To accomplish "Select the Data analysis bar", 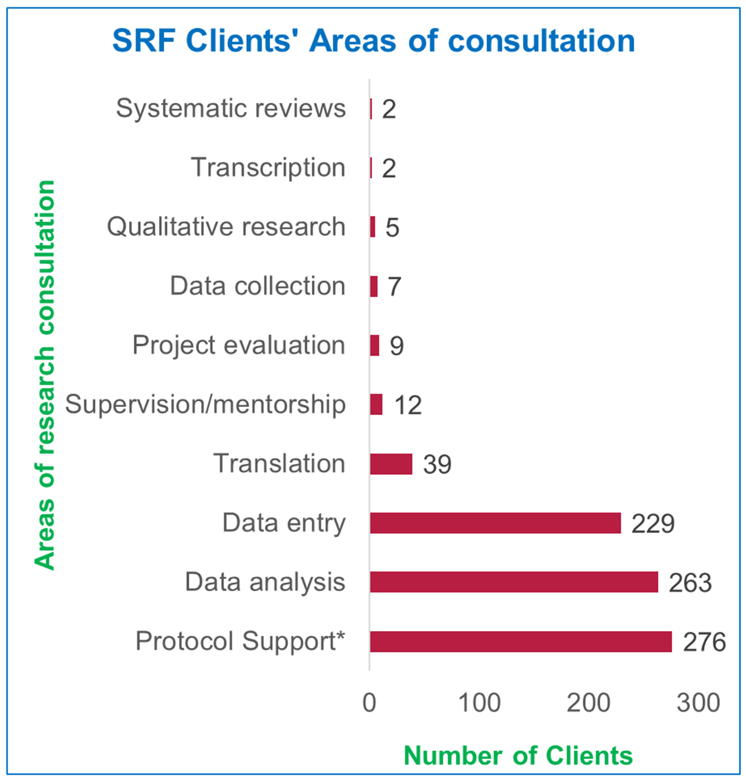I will click(514, 582).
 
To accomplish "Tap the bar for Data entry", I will click(495, 523).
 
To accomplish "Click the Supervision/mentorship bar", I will click(376, 405).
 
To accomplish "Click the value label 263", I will click(690, 583).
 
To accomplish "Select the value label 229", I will click(653, 524).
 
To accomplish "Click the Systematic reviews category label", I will click(231, 108).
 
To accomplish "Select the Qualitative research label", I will click(226, 227).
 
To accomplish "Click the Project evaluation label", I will click(239, 345).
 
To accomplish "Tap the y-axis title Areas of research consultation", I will click(44, 376).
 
